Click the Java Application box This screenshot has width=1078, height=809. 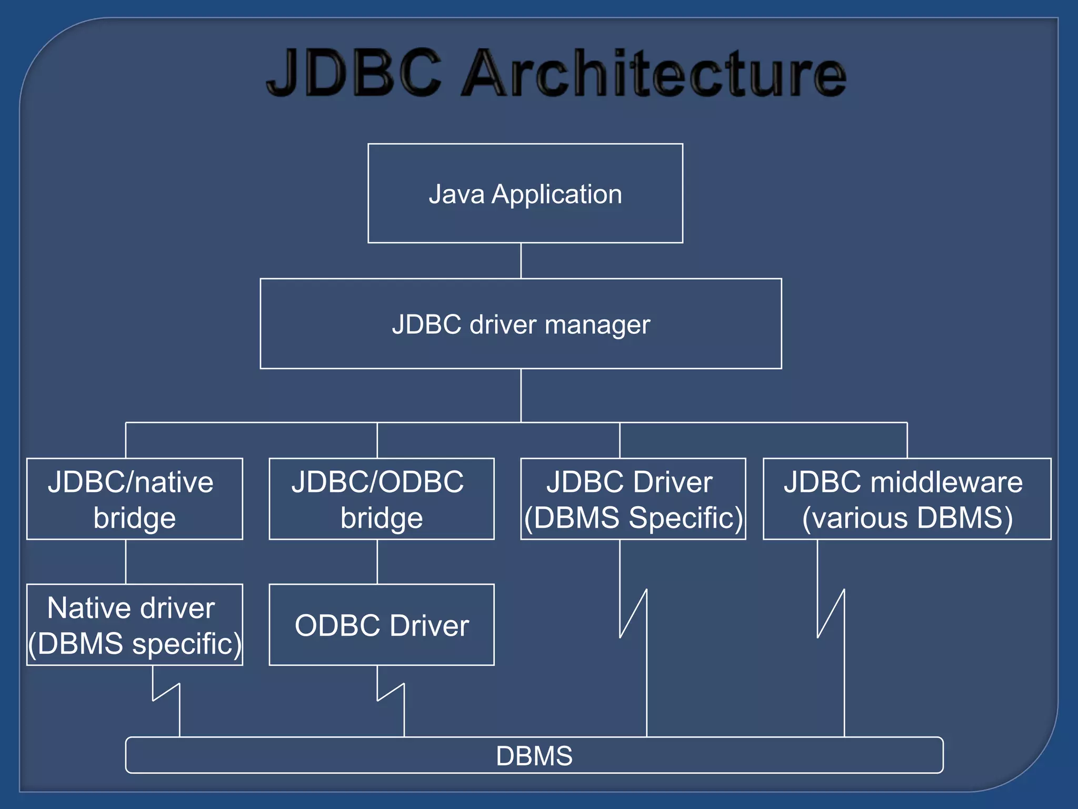[525, 193]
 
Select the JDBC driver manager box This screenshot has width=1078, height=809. [521, 323]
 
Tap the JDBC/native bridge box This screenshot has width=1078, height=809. [134, 499]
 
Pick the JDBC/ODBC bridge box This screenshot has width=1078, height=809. [381, 499]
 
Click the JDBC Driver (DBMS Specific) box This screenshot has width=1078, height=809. [633, 499]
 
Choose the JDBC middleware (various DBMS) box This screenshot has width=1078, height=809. [906, 499]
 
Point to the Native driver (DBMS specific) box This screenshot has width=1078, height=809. [134, 625]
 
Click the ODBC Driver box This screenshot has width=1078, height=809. [381, 625]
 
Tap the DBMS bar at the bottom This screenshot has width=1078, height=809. [534, 755]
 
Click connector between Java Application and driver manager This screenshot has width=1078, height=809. [521, 261]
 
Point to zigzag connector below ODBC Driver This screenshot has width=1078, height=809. [391, 692]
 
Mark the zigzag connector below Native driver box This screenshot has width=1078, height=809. [166, 692]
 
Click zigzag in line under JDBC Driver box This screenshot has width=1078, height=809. [633, 614]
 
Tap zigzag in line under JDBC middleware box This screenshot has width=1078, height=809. [831, 614]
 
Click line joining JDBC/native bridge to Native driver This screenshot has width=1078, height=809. [125, 561]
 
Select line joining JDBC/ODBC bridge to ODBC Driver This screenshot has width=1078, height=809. [377, 561]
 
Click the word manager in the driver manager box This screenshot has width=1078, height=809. [597, 324]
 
